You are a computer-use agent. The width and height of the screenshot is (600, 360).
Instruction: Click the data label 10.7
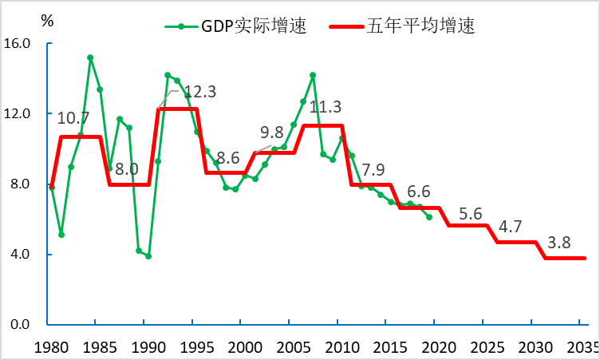click(x=73, y=118)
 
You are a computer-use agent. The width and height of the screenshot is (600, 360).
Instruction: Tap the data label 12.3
click(x=199, y=92)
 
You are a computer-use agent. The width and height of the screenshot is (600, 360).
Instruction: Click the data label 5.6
click(x=471, y=214)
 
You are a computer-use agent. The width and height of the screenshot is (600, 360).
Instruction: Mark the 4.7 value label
click(x=511, y=226)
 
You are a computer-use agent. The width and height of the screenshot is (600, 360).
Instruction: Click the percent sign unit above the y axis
click(x=47, y=22)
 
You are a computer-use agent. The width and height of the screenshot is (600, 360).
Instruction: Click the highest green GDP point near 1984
click(x=90, y=57)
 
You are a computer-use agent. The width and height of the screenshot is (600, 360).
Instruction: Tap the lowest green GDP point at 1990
click(x=148, y=256)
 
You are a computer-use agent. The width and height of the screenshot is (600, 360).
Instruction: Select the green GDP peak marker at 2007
click(x=313, y=75)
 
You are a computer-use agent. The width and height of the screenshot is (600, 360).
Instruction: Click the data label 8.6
click(x=228, y=157)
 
